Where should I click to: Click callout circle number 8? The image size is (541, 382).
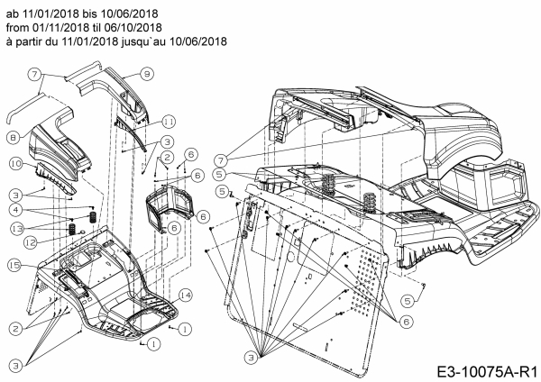[x=14, y=137]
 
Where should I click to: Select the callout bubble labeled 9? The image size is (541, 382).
[x=147, y=72]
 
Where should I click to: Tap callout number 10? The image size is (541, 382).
[x=16, y=163]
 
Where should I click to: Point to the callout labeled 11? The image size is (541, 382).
[x=169, y=121]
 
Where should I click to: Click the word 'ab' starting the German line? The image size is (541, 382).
[x=12, y=13]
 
